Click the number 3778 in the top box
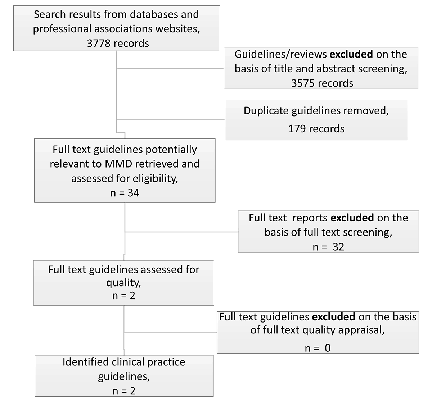pos(98,44)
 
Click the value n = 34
pos(125,193)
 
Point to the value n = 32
pos(328,247)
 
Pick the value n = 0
pos(318,348)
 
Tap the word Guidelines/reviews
pos(280,54)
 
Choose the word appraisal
pos(361,330)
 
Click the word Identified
pos(86,362)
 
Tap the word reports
pos(310,218)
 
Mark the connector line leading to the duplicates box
pos(171,120)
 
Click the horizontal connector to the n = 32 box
pos(181,232)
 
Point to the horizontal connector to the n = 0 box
pos(170,333)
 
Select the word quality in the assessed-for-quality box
pos(123,283)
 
